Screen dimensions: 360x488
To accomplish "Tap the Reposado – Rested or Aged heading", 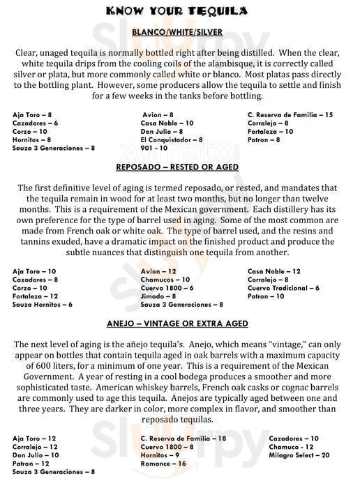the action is pyautogui.click(x=177, y=167).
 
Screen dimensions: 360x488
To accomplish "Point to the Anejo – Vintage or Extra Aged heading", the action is pyautogui.click(x=177, y=323).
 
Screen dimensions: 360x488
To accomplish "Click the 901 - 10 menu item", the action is pyautogui.click(x=153, y=148).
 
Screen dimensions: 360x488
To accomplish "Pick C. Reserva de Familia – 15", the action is pyautogui.click(x=290, y=114).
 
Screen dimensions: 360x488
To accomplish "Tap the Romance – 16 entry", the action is pyautogui.click(x=163, y=463).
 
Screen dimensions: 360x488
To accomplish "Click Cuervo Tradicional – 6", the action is pyautogui.click(x=283, y=288).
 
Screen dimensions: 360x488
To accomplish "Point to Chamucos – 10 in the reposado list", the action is pyautogui.click(x=165, y=280).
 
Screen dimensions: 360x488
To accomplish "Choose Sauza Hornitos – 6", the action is pyautogui.click(x=43, y=305).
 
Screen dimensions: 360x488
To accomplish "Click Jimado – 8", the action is pyautogui.click(x=158, y=296).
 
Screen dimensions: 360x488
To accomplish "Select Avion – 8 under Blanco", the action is pyautogui.click(x=157, y=114).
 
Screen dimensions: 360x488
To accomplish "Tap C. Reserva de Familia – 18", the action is pyautogui.click(x=183, y=438).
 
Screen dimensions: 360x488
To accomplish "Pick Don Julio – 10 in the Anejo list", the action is pyautogui.click(x=36, y=455).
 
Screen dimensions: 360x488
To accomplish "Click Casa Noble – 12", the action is pyautogui.click(x=273, y=271).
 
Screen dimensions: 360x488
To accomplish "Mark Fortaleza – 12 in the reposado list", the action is pyautogui.click(x=35, y=296).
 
